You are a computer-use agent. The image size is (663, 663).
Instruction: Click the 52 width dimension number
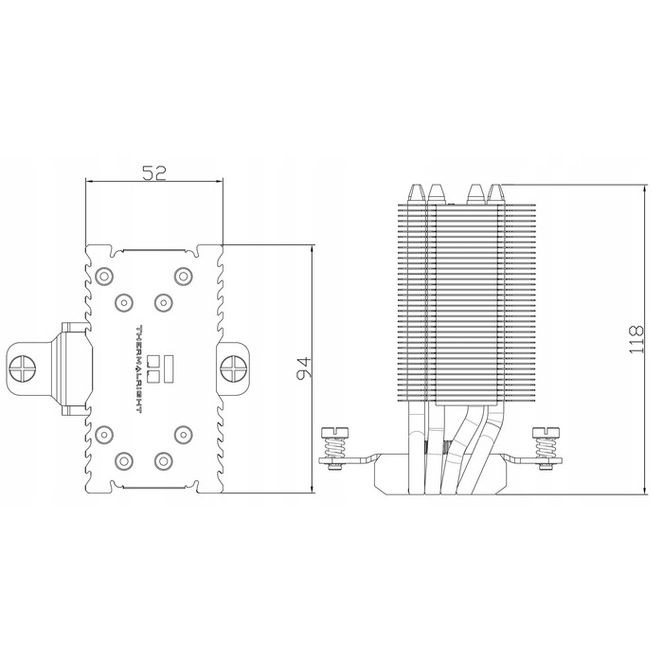[154, 172]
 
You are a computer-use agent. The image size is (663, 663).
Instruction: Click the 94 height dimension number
[304, 367]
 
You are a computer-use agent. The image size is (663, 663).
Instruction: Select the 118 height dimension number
[636, 339]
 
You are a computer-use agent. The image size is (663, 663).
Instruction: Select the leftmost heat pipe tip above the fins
[416, 192]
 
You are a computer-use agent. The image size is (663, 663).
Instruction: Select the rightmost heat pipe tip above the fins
[495, 192]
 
